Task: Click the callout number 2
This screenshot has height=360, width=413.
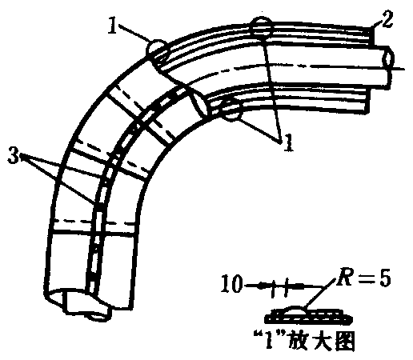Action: [387, 19]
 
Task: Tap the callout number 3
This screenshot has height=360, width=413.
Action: [14, 155]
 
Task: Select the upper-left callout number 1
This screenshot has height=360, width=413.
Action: [113, 26]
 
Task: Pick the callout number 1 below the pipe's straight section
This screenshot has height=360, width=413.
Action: [288, 142]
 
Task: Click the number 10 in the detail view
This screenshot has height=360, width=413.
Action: [231, 283]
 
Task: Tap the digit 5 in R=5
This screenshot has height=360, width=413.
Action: [385, 278]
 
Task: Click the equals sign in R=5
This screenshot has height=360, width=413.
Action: [365, 279]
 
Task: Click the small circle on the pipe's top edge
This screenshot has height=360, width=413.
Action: [261, 28]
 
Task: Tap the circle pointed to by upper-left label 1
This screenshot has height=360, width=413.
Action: [157, 50]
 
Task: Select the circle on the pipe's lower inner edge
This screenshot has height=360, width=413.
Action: [231, 110]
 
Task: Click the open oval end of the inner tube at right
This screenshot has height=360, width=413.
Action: [388, 58]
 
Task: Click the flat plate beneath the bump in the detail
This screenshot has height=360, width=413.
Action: [308, 319]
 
